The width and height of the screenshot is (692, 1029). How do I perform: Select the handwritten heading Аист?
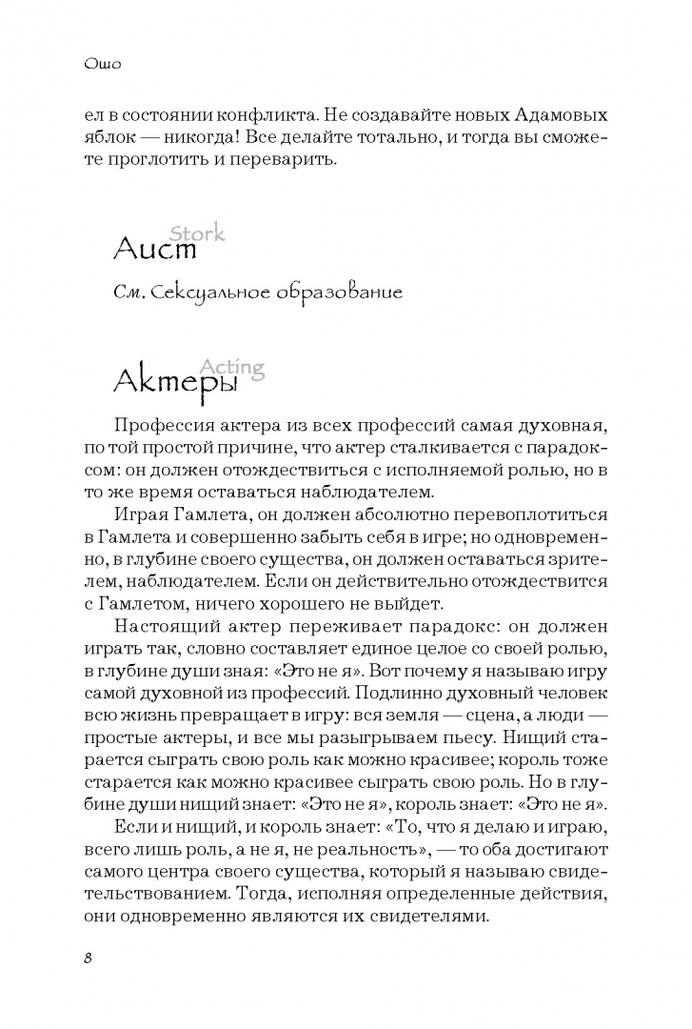[x=154, y=251]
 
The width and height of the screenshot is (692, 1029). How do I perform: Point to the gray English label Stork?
[x=197, y=232]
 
